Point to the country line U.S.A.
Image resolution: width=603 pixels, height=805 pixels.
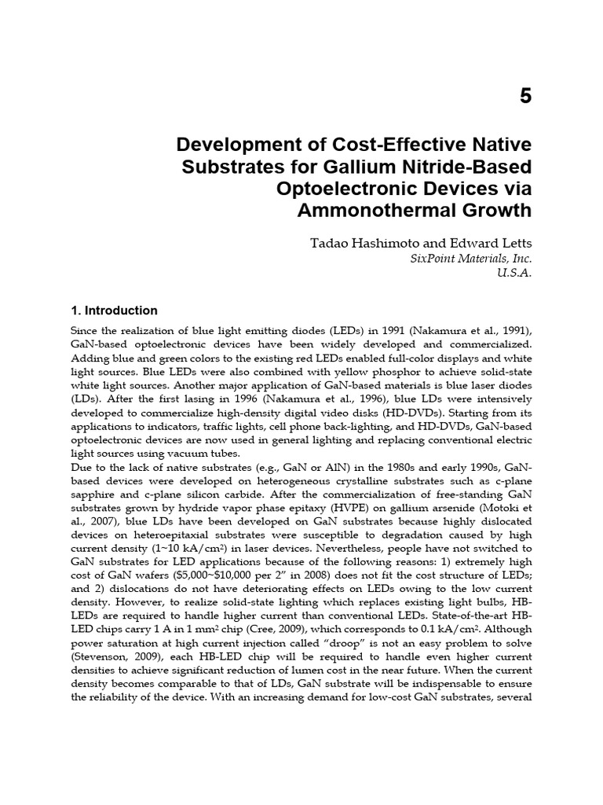[x=513, y=274]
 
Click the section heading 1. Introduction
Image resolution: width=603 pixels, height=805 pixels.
[x=114, y=311]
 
